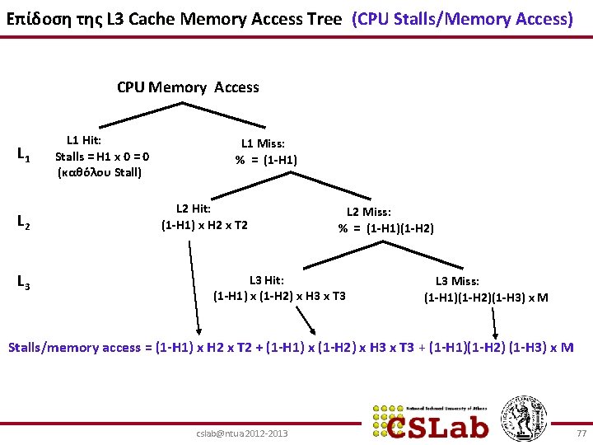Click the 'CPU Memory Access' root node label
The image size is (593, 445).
pos(188,87)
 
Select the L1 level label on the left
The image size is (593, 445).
pos(24,155)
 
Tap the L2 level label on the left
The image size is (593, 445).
pos(24,222)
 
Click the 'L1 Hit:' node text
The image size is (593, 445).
pos(84,141)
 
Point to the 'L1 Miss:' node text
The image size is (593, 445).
pos(263,143)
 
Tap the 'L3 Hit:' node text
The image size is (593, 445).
pos(267,280)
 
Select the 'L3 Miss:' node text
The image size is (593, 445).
pos(457,282)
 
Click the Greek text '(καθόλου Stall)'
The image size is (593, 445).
pos(100,172)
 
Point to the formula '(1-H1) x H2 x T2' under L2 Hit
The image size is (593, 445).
pos(204,224)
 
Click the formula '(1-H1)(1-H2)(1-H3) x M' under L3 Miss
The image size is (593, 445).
pos(486,297)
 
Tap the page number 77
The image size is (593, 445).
pos(581,432)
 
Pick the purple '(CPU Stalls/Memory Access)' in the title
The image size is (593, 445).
pos(462,19)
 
